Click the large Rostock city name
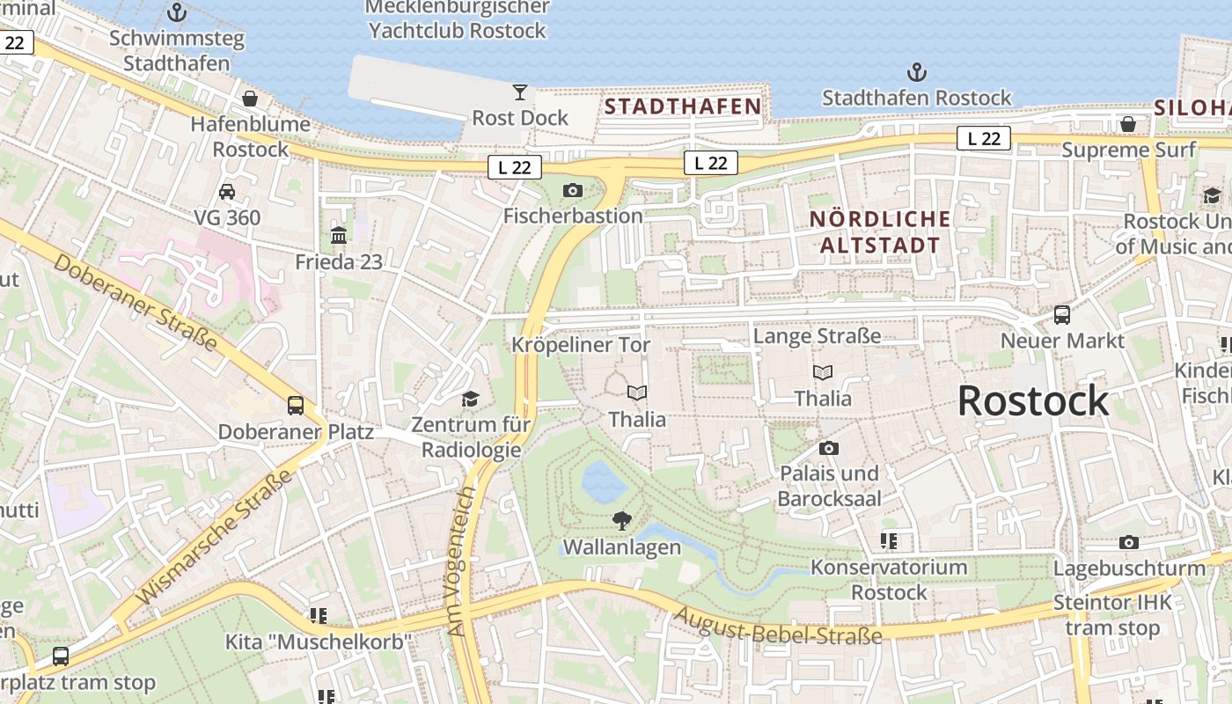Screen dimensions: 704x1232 click(x=1032, y=401)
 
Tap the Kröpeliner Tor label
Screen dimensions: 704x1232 click(x=581, y=345)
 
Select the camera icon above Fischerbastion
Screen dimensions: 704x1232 click(x=573, y=190)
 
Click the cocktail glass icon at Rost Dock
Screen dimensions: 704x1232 click(x=520, y=92)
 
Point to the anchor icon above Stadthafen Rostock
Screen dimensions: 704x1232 click(x=917, y=72)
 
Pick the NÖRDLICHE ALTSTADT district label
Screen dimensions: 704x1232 click(x=880, y=232)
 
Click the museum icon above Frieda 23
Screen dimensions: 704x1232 click(x=339, y=236)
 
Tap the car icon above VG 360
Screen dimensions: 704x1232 click(x=227, y=191)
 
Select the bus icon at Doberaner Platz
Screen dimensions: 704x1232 click(x=296, y=406)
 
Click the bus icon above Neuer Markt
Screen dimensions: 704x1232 click(x=1062, y=314)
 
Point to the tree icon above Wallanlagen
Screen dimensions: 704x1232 click(x=622, y=521)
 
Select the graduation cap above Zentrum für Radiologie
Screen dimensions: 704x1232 click(x=471, y=399)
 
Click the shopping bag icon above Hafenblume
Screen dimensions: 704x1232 click(x=250, y=98)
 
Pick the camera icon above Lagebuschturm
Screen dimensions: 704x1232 click(x=1129, y=542)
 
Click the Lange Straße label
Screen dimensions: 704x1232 click(x=817, y=336)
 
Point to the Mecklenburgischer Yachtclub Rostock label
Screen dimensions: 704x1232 click(x=458, y=18)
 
